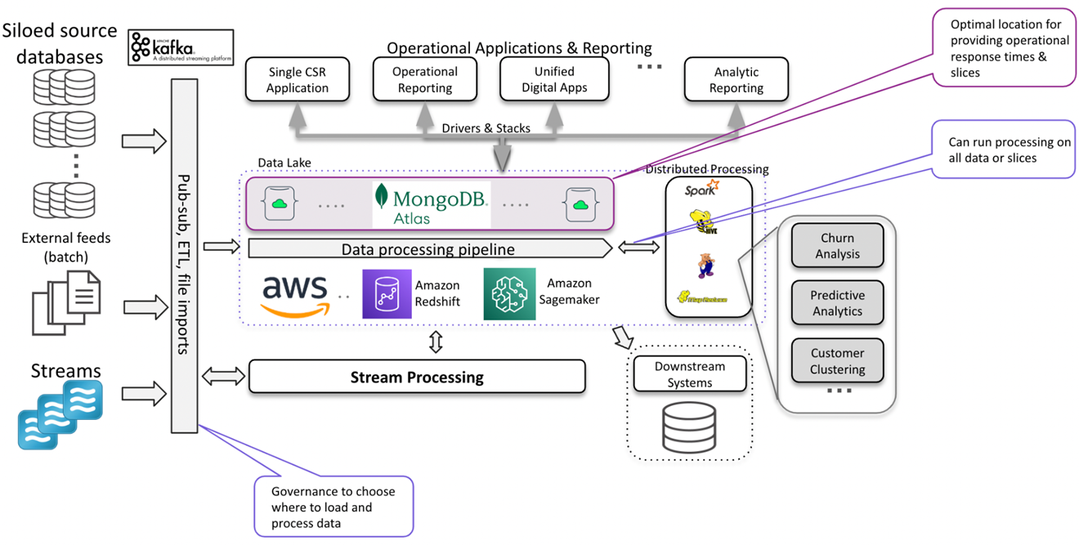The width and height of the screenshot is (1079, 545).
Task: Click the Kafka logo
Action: (181, 48)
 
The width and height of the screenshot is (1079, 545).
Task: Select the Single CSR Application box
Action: (297, 79)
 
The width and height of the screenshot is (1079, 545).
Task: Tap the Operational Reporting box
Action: (423, 79)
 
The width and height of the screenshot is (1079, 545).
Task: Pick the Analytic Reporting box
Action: (736, 79)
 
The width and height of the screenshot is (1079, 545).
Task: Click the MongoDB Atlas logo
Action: (431, 204)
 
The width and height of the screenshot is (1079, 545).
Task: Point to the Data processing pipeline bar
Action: (429, 248)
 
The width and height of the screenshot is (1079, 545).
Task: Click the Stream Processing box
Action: (417, 377)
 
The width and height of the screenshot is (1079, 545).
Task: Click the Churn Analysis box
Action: (837, 246)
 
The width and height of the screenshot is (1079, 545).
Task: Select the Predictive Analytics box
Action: (837, 303)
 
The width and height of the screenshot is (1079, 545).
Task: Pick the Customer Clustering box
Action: (837, 361)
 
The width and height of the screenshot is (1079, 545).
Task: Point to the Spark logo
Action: (701, 190)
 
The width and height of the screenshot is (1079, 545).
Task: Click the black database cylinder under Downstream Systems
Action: (689, 427)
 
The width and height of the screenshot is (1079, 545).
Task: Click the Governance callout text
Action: (333, 507)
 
